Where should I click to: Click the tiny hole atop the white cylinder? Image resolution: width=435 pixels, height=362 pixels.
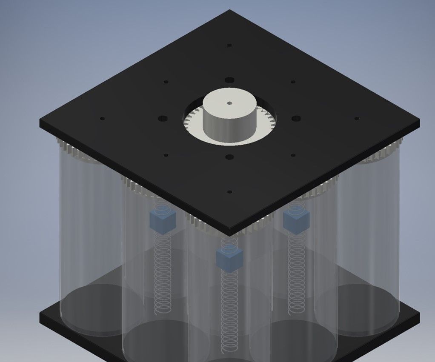coord(229,103)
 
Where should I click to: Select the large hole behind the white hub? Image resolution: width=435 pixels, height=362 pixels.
coord(229,80)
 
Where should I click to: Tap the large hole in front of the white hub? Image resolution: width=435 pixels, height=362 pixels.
coord(229,157)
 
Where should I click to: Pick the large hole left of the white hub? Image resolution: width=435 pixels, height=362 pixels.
coord(162,118)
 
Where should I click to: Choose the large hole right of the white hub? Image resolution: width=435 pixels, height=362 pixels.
coord(297,118)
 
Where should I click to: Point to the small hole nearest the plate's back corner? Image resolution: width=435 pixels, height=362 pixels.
coord(229,45)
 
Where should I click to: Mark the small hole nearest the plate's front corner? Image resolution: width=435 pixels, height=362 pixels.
coord(229,192)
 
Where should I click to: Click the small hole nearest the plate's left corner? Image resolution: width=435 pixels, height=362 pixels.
coord(102,119)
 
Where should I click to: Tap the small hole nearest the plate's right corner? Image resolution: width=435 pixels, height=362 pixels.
coord(357,119)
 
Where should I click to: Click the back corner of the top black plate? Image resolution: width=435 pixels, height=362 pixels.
coord(230,11)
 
